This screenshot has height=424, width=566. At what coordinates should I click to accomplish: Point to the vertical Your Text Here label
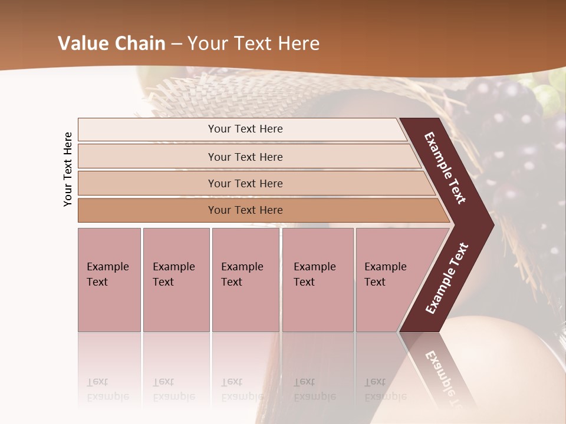[x=68, y=169]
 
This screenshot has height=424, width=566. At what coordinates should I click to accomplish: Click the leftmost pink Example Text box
[x=109, y=280]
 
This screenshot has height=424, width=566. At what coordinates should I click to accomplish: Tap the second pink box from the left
[x=176, y=280]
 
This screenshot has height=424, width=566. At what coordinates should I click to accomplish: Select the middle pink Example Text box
[x=245, y=280]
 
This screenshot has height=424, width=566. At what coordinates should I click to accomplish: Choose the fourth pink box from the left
[x=318, y=280]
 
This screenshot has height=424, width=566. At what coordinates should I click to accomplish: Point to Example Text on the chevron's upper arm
[x=446, y=168]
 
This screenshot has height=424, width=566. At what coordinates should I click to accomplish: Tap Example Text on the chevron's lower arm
[x=447, y=278]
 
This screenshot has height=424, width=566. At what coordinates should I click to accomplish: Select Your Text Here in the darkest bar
[x=245, y=210]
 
